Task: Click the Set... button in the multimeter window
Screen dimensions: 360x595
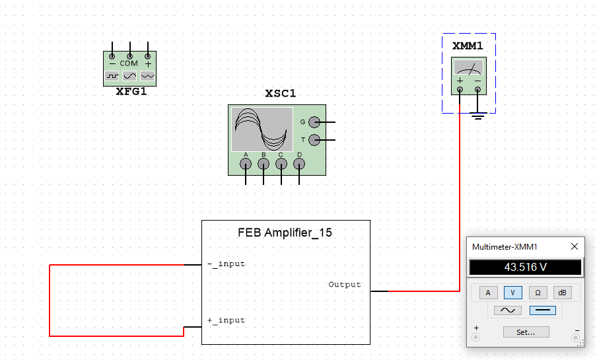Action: (x=526, y=332)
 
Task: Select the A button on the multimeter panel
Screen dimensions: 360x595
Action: (x=488, y=293)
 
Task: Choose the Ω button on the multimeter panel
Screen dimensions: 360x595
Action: (x=538, y=293)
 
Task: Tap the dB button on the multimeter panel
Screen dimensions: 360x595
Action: (x=562, y=293)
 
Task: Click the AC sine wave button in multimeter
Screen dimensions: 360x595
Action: (x=508, y=310)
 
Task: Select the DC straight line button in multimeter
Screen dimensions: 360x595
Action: (x=542, y=310)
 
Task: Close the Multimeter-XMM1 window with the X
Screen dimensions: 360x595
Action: (x=574, y=246)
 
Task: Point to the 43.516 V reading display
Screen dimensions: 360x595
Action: (x=526, y=268)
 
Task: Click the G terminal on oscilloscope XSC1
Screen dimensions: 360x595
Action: (x=314, y=122)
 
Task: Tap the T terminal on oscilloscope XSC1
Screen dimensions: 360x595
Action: (x=314, y=140)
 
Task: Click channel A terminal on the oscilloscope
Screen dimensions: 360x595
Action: (x=246, y=164)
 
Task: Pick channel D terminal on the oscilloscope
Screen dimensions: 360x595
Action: (x=299, y=164)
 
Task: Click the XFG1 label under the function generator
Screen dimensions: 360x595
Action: (x=131, y=92)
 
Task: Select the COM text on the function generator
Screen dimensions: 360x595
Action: (x=129, y=63)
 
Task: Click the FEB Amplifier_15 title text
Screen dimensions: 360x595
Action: (x=285, y=233)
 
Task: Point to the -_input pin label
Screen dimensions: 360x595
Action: (x=226, y=264)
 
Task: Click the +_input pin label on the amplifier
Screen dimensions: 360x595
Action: (x=226, y=320)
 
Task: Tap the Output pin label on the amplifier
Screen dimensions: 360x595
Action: (x=345, y=285)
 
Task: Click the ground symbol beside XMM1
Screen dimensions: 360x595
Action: (x=478, y=117)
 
